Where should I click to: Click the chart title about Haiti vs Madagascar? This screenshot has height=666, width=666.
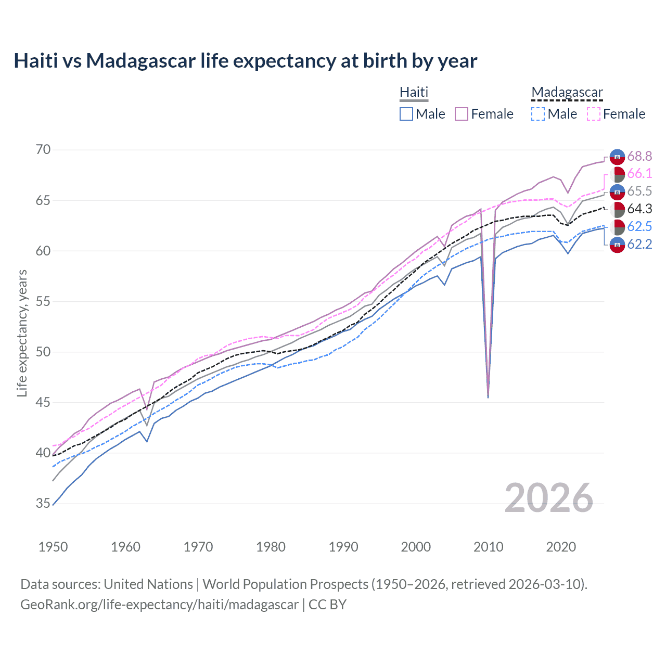point(245,61)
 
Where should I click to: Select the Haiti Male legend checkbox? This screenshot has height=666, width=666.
point(406,114)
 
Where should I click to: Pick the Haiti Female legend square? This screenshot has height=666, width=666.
point(462,114)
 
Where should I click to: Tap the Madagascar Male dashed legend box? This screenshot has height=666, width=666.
point(538,114)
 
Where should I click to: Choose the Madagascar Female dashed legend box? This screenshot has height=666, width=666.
point(594,114)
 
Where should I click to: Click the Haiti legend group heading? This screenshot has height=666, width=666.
point(414,92)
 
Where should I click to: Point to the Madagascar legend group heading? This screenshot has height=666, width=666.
point(567,92)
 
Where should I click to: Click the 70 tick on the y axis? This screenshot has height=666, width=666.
point(44,150)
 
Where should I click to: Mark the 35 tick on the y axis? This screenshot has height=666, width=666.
point(44,504)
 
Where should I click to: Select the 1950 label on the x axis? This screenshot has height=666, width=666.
point(53,547)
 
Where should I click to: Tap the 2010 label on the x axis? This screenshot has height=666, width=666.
point(489,547)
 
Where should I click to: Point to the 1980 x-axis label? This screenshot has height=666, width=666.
point(271,547)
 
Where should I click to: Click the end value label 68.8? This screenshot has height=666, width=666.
point(639,156)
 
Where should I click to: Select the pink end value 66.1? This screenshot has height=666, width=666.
point(639,174)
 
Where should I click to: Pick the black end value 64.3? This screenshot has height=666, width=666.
point(639,209)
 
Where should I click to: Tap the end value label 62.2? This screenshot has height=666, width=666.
point(639,244)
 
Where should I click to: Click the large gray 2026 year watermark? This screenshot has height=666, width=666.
point(549,498)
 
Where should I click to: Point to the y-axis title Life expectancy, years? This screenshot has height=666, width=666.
point(22,333)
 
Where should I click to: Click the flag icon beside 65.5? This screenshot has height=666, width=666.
point(617,191)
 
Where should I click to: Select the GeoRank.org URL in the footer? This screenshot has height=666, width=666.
point(159,605)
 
